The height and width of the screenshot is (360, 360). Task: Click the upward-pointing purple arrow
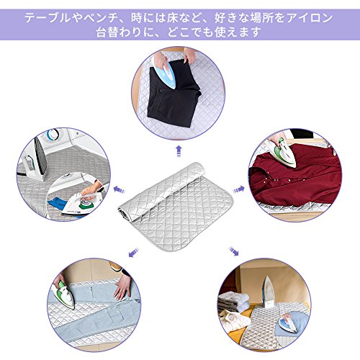(179, 151)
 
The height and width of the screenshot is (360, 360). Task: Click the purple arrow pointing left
(120, 190)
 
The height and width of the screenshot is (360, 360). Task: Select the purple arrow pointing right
(238, 189)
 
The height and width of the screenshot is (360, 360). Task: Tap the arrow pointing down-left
(134, 253)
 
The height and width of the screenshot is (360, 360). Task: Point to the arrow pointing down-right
(233, 251)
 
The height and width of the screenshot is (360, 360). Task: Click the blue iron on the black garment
(166, 74)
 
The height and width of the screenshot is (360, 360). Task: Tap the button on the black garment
(160, 91)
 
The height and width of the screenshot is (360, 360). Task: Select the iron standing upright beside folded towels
(269, 293)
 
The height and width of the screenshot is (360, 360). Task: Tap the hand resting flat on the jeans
(123, 286)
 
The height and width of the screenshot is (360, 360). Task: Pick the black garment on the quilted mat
(175, 96)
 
